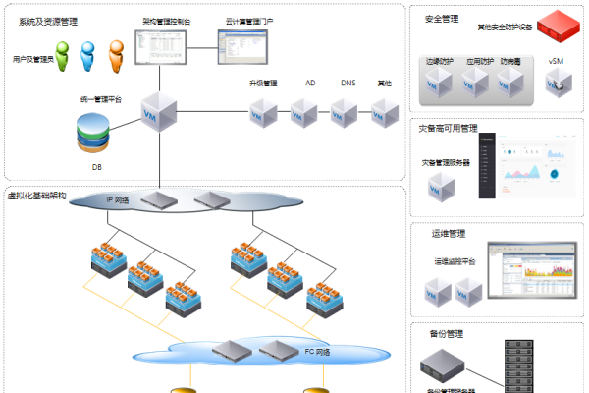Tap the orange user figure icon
pos(116,53)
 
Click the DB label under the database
pos(96,167)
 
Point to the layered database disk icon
pos(96,136)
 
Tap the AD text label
pos(310,84)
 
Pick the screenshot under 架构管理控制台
pos(156,41)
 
